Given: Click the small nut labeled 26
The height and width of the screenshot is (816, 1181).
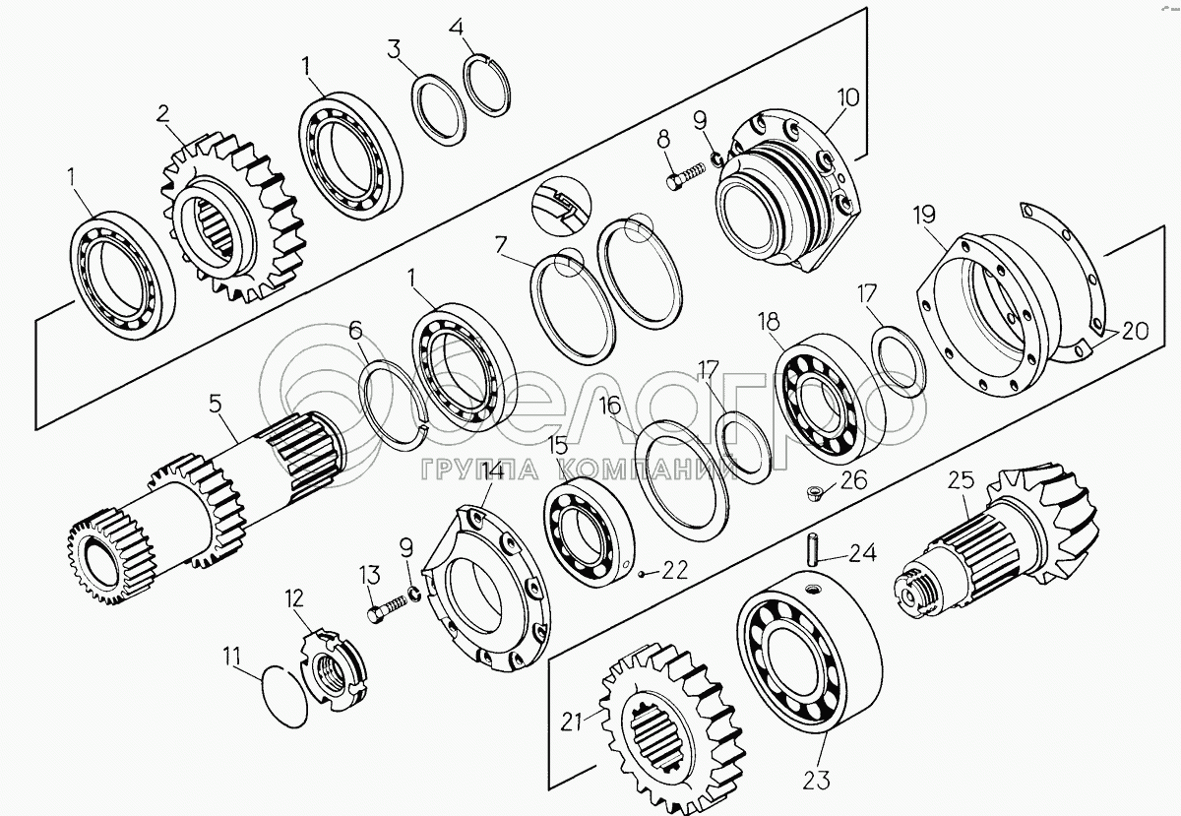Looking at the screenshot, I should [814, 489].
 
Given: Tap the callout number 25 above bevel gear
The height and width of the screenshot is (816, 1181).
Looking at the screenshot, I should [961, 481].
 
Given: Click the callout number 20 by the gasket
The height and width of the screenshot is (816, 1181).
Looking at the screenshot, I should [1134, 332].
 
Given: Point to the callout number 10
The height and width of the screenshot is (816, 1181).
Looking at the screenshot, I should [848, 97].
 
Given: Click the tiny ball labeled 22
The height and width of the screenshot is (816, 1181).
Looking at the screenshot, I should [641, 573].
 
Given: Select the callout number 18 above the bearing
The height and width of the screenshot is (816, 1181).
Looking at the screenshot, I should [768, 322].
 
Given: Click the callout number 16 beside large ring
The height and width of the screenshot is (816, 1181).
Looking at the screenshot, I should [610, 406].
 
